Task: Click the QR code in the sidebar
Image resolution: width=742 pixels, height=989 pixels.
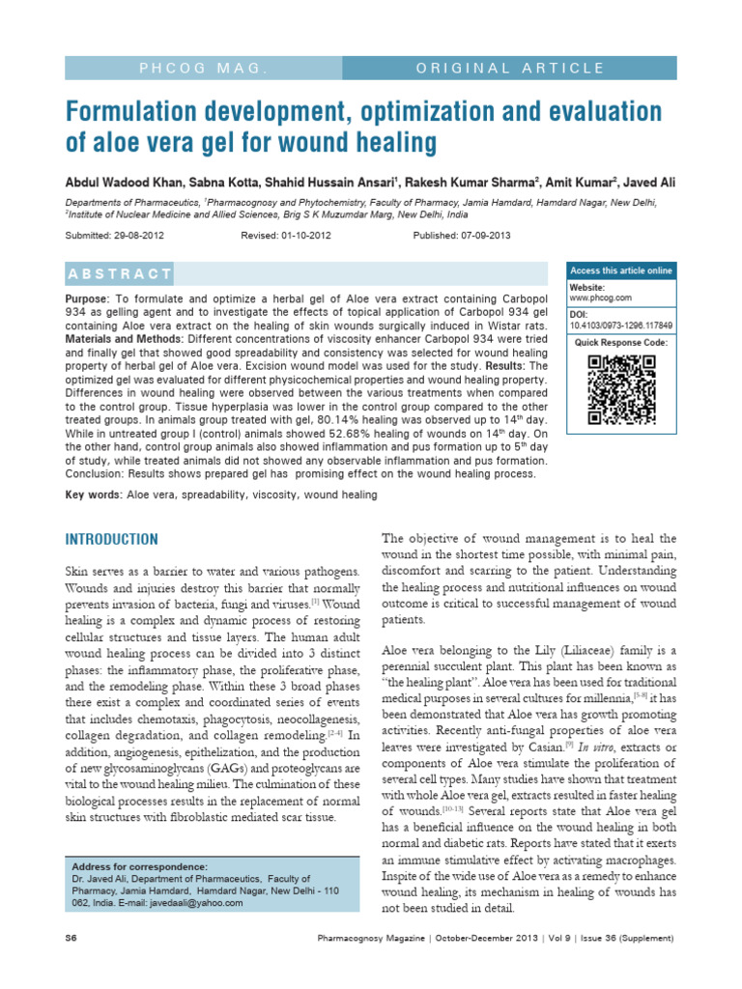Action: click(x=621, y=389)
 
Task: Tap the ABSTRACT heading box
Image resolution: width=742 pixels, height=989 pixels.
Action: click(x=120, y=273)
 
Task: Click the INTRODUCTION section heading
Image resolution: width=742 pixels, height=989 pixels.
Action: click(x=111, y=538)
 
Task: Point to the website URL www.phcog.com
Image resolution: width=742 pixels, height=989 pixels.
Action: click(x=600, y=298)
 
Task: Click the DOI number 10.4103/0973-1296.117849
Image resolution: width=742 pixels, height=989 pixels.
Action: click(x=621, y=325)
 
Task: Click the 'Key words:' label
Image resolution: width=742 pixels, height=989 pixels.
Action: click(x=93, y=494)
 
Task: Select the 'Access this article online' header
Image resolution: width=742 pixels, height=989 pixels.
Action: click(x=621, y=269)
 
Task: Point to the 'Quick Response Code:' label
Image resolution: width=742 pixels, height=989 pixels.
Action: click(x=620, y=343)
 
